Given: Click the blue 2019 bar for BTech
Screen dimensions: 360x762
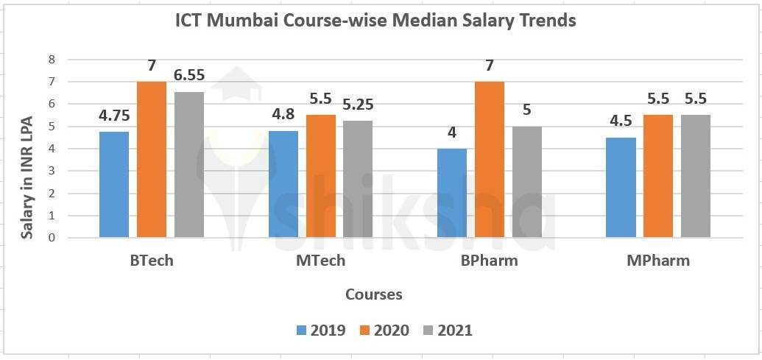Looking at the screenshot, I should [x=114, y=184].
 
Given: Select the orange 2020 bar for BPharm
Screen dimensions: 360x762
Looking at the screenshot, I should [x=490, y=159].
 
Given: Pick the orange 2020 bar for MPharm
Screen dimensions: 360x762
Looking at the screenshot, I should [x=658, y=176].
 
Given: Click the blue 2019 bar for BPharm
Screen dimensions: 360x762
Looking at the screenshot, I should [x=452, y=193].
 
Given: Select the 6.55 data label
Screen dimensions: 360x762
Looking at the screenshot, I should [x=189, y=75].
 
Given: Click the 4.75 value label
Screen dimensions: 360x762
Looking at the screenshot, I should [x=114, y=116].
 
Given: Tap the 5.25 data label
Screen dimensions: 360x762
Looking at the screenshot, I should [x=358, y=105].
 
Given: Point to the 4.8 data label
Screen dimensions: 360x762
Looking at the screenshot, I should [x=283, y=115].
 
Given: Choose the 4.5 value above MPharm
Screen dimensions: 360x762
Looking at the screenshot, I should [x=621, y=121].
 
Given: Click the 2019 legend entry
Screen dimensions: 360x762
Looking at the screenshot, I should [x=321, y=331].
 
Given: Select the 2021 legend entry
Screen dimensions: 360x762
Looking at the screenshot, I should [x=447, y=331].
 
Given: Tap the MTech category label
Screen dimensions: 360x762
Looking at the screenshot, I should [x=320, y=261].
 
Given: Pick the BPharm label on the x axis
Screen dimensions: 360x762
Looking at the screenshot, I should [x=490, y=261].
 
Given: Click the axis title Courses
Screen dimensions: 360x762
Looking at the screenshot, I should [x=374, y=294].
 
